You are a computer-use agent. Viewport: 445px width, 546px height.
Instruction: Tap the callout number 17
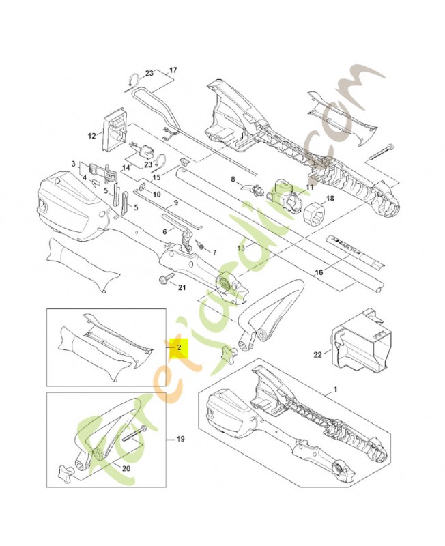[x=173, y=70]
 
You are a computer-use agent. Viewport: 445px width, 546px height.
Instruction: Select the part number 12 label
[x=91, y=136]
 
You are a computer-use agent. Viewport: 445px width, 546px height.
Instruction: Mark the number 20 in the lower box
[x=125, y=468]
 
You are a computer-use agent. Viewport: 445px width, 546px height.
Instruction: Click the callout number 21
[x=181, y=287]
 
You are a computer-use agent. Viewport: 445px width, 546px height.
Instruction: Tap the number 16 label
[x=319, y=273]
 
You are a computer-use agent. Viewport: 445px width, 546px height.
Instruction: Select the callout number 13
[x=240, y=248]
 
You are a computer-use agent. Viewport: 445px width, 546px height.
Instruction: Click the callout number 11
[x=309, y=186]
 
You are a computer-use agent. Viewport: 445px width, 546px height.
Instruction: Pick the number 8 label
[x=233, y=179]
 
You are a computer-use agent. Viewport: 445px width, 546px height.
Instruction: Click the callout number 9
[x=176, y=203]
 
